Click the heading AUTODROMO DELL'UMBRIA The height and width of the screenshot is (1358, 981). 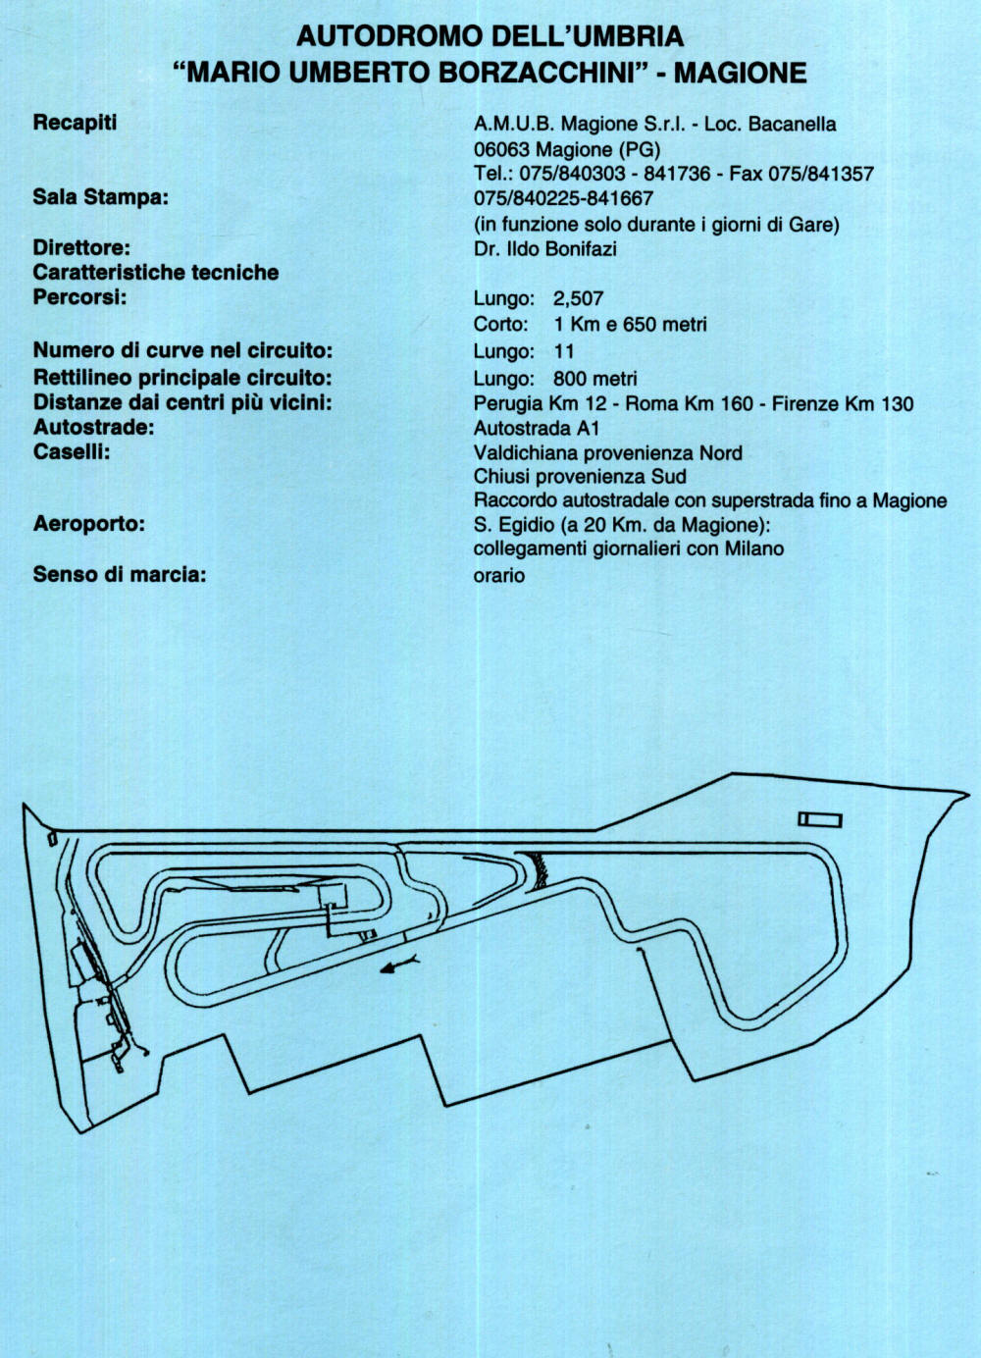coord(490,36)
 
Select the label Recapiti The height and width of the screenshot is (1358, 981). coord(75,123)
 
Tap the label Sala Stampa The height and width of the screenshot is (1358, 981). coord(100,197)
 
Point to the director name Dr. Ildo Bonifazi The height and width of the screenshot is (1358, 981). coord(544,249)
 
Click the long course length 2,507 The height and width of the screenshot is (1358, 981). coord(578,299)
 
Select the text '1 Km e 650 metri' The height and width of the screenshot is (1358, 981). coord(630,325)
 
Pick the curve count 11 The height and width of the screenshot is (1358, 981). coord(564,351)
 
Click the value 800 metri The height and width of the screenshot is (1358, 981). coord(594,379)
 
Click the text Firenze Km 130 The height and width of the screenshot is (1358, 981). coord(842,403)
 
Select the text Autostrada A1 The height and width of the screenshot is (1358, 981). coord(536,428)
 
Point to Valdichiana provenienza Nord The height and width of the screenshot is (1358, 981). coord(607,453)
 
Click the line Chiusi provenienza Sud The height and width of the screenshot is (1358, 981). coord(580,477)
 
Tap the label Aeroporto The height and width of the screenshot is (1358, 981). coord(88,524)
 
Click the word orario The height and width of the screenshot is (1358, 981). coord(498,576)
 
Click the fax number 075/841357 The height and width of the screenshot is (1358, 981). coord(820,174)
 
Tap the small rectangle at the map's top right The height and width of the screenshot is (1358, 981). coord(819,819)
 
